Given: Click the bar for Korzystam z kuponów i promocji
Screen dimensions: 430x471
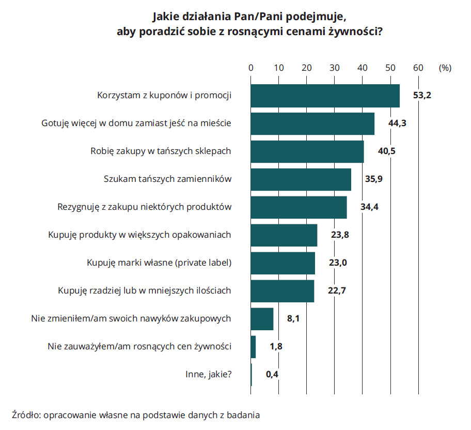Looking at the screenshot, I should click(x=325, y=96).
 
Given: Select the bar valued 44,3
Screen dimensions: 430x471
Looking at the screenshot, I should click(x=312, y=124).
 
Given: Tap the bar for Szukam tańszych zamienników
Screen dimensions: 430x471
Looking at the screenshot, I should click(x=301, y=179).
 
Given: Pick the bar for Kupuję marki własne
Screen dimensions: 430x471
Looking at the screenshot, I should click(x=282, y=263).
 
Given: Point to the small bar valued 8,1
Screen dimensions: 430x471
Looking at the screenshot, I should click(x=262, y=319).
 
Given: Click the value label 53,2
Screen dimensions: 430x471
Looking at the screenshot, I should click(x=422, y=96).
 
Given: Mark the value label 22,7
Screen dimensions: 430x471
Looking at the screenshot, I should click(x=337, y=291).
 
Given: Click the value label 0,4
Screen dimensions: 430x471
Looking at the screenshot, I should click(x=272, y=375).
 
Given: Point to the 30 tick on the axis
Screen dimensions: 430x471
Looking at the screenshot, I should click(x=335, y=67).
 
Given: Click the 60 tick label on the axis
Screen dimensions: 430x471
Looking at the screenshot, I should click(x=418, y=67).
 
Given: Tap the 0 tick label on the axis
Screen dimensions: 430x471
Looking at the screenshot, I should click(x=251, y=67).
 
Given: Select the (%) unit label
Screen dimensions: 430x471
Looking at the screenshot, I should click(x=445, y=67).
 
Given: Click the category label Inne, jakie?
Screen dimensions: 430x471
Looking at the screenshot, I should click(x=208, y=375).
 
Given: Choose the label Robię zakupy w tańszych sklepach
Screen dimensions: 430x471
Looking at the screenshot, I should click(x=161, y=151).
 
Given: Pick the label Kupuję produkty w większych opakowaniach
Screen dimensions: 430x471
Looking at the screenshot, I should click(x=139, y=235).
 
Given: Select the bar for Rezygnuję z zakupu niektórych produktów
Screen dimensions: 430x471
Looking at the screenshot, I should click(x=299, y=207).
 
